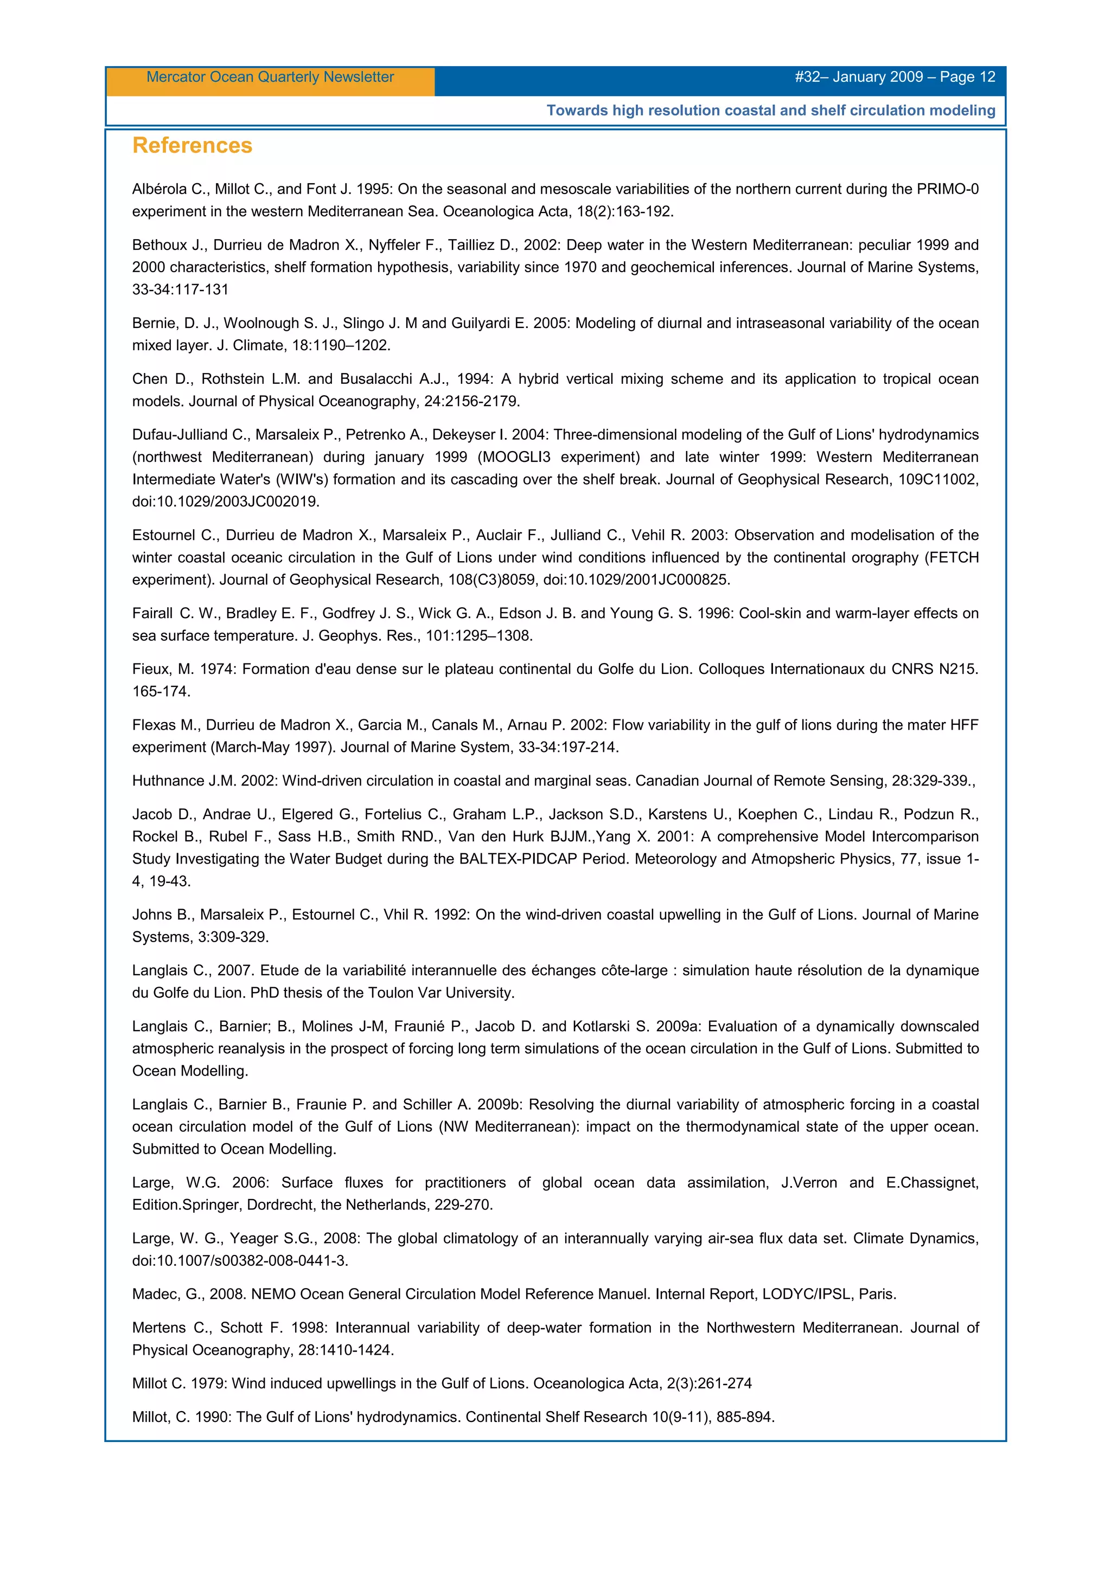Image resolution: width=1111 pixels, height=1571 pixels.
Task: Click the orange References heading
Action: click(x=193, y=146)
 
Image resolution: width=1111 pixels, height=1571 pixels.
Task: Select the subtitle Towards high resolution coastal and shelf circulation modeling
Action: click(x=771, y=111)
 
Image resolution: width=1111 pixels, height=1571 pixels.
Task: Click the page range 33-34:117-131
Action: click(x=180, y=289)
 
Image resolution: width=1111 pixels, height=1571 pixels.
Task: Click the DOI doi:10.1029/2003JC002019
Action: click(x=226, y=501)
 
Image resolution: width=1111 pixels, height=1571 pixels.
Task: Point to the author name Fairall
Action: click(x=152, y=614)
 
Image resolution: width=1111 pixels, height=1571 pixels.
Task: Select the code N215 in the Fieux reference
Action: click(x=959, y=669)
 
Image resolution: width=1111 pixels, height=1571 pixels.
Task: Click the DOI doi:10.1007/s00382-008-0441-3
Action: click(x=240, y=1260)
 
